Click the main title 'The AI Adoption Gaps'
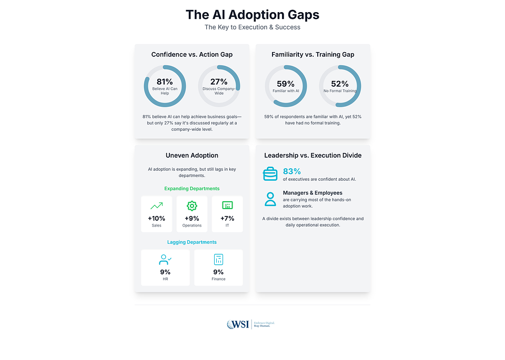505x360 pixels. [252, 14]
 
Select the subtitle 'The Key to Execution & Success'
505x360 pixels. [252, 27]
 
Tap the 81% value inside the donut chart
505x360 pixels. [165, 81]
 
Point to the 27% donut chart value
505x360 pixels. [219, 81]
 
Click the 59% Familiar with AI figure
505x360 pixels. [286, 84]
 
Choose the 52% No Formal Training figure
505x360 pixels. [340, 84]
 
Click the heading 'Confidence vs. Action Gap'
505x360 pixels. [192, 55]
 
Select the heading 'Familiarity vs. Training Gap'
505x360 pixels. [312, 55]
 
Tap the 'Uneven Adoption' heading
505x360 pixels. [192, 156]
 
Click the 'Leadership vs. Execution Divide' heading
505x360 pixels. [312, 156]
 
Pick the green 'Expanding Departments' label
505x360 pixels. [192, 188]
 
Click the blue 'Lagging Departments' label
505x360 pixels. [192, 242]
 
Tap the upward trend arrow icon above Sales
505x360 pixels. [156, 206]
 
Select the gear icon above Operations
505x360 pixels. [192, 206]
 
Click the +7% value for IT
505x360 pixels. [227, 218]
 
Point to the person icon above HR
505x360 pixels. [165, 259]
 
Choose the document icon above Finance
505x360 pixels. [218, 259]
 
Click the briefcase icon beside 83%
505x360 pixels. [270, 173]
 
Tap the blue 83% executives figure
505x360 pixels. [292, 171]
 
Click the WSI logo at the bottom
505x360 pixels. [238, 324]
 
